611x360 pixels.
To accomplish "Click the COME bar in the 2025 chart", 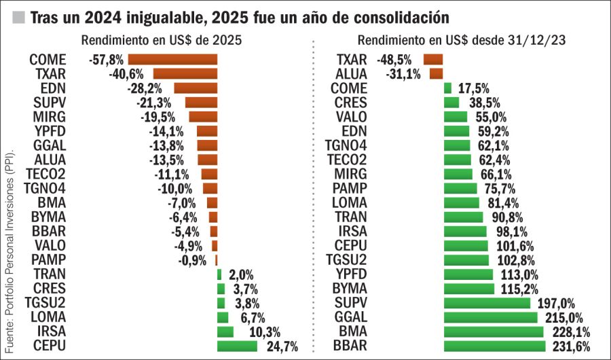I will (172, 59).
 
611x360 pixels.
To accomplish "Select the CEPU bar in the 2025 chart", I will (237, 346).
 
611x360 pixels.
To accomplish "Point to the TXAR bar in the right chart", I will (432, 59).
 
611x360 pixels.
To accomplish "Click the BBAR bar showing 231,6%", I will (494, 346).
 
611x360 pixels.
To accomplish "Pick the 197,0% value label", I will (556, 303).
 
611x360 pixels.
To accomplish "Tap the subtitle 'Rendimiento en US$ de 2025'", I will (162, 40).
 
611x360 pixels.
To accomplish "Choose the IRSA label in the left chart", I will (50, 331).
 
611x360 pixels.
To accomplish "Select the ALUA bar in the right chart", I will (436, 73).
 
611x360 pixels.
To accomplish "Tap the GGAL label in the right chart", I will (351, 317).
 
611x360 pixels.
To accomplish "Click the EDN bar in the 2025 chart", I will (196, 88).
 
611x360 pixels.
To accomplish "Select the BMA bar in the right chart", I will (494, 331).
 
